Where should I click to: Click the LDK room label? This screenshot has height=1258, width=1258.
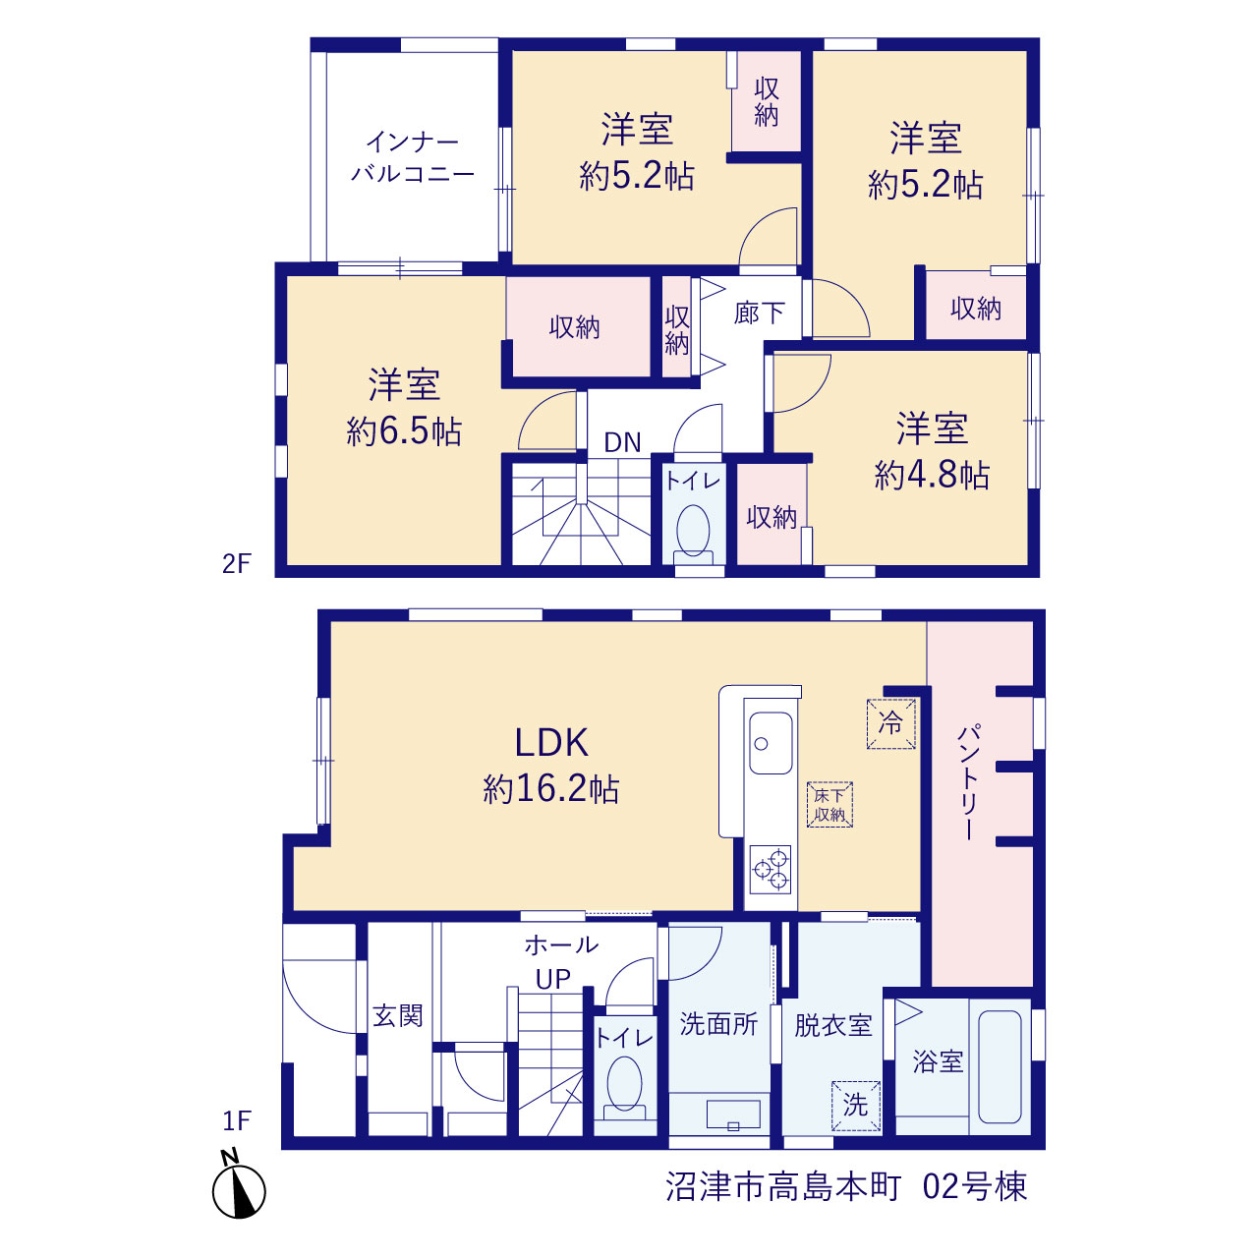click(x=551, y=743)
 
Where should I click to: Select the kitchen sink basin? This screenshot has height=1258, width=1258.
click(x=771, y=743)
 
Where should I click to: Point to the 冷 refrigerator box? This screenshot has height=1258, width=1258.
click(x=891, y=723)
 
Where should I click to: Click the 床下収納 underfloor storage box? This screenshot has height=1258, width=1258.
click(x=829, y=804)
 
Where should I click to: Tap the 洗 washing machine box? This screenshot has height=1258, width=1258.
click(x=855, y=1106)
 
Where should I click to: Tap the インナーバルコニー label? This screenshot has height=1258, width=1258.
click(x=413, y=157)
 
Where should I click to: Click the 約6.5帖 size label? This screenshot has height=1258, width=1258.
click(x=404, y=430)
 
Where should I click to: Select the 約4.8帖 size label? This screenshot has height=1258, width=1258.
click(x=932, y=475)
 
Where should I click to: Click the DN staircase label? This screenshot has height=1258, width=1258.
click(x=622, y=442)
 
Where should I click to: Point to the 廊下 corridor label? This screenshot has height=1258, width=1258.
click(x=759, y=314)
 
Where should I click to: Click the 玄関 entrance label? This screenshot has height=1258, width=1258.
click(x=398, y=1015)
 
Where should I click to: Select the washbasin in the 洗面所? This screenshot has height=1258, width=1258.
click(x=734, y=1115)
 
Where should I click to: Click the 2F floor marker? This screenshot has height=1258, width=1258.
click(x=236, y=563)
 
